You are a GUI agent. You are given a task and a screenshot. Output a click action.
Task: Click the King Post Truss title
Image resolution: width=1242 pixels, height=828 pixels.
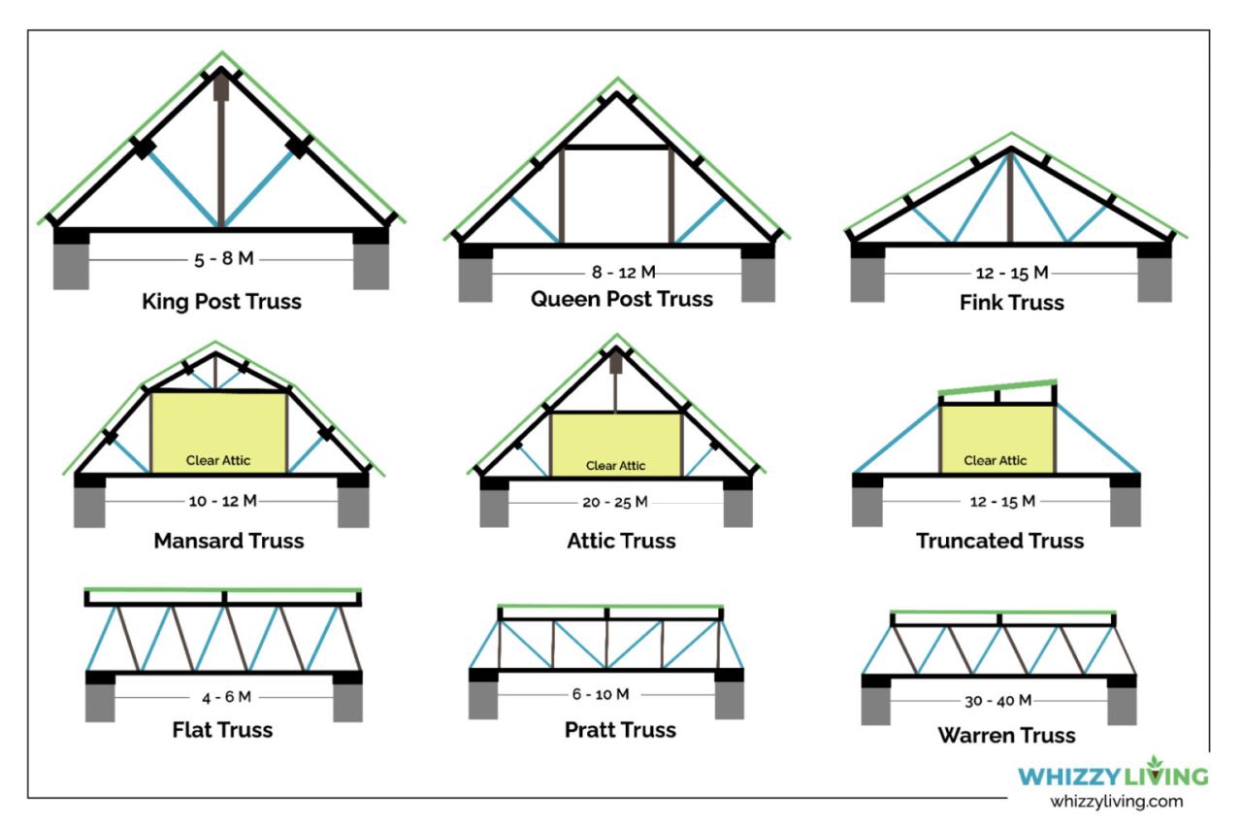click(222, 301)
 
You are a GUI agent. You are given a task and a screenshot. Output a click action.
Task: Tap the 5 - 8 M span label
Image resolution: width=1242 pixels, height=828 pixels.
click(222, 260)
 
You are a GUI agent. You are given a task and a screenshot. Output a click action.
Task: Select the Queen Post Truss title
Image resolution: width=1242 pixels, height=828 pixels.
click(621, 299)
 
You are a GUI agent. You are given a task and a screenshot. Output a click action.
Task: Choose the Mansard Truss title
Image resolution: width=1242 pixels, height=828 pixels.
click(229, 541)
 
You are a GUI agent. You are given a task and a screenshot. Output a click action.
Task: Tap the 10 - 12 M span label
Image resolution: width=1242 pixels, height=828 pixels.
click(222, 501)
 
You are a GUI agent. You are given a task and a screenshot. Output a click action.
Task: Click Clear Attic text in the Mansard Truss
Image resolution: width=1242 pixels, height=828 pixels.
click(220, 460)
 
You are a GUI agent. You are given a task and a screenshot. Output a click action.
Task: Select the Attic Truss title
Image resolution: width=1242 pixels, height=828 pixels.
click(621, 541)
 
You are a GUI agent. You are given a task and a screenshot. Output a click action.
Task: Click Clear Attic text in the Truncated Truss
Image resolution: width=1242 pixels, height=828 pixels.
click(995, 460)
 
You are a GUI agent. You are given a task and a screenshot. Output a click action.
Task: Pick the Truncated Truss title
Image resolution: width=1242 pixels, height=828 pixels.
click(999, 541)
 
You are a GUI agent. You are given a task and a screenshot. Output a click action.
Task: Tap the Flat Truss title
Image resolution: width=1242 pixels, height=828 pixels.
click(222, 729)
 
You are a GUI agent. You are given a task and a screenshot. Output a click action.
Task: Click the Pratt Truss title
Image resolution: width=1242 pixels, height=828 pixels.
click(620, 729)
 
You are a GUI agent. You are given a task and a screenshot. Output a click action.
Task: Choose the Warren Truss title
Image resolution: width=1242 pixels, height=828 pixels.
click(1006, 735)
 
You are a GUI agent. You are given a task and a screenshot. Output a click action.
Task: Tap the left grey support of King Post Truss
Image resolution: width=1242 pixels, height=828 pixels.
click(71, 265)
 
